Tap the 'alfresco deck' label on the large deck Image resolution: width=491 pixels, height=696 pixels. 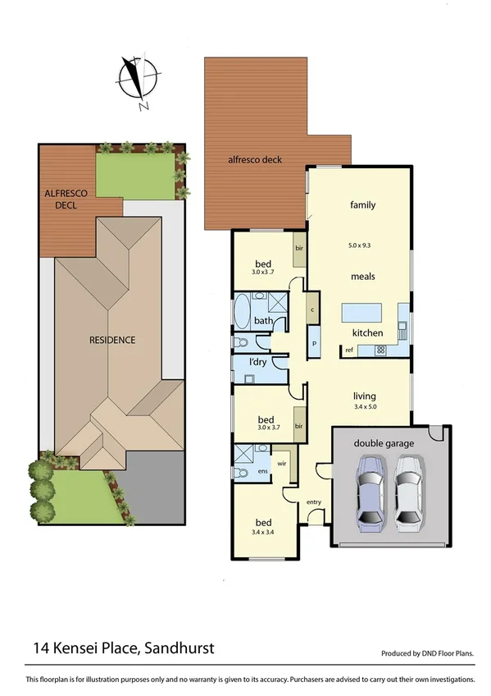point(255,159)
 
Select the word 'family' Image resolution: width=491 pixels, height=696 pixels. point(362,204)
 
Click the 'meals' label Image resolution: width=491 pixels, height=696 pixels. point(362,277)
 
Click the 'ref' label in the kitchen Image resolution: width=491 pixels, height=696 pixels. point(348,350)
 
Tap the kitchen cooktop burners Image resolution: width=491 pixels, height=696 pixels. point(380,350)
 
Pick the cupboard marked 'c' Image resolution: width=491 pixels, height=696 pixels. point(314,309)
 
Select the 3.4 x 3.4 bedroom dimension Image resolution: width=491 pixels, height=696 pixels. point(263,533)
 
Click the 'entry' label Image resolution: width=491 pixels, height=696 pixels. point(313,501)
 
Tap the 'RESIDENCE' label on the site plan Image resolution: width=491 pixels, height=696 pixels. point(113,339)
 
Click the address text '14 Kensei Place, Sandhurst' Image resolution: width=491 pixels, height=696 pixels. point(124,648)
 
